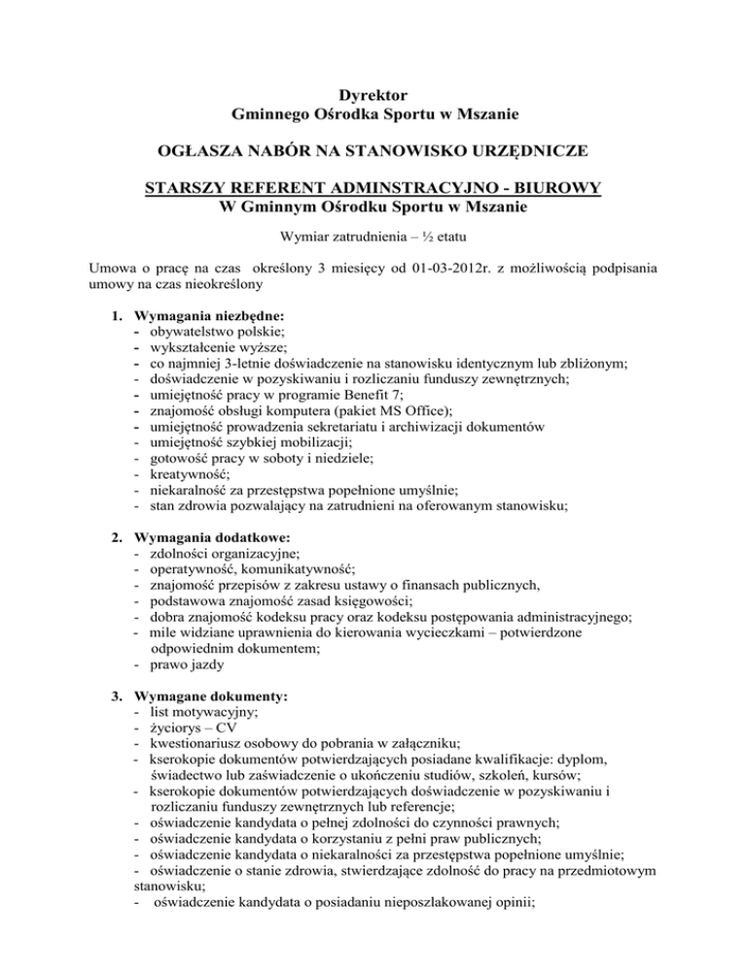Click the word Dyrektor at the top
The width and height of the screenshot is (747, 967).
[373, 95]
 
